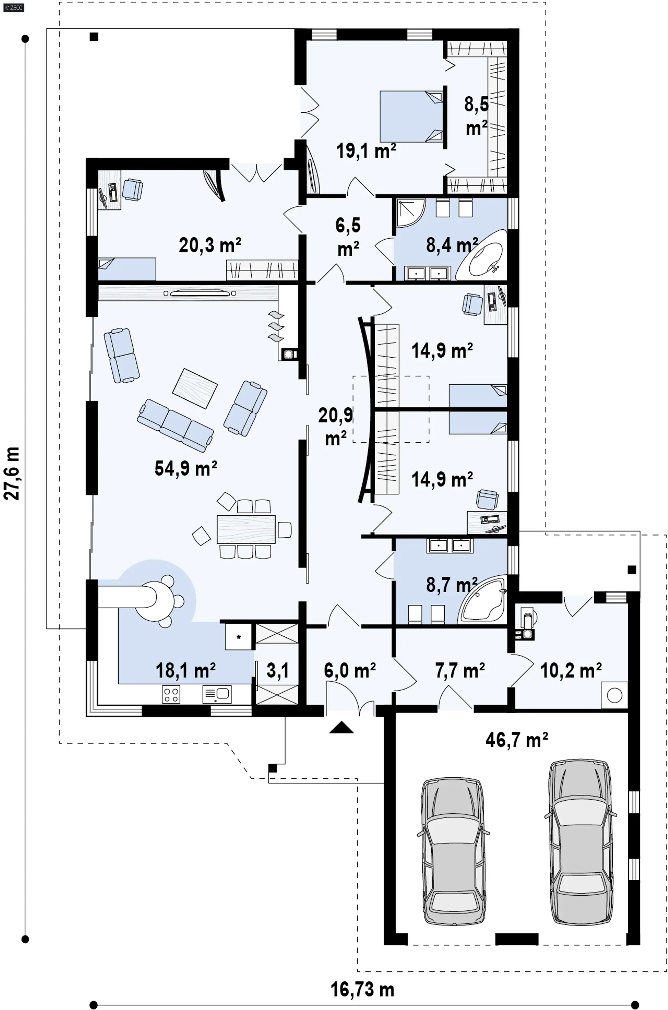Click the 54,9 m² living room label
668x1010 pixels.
[186, 468]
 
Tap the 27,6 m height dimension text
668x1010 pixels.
[11, 473]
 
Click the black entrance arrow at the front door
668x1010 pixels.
[341, 727]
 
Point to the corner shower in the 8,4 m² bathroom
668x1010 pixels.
[411, 212]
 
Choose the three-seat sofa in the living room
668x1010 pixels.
[175, 425]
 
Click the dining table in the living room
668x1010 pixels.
[246, 529]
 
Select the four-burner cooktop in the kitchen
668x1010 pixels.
[171, 694]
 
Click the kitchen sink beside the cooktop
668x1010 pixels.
[217, 694]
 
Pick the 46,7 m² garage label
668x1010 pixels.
[516, 740]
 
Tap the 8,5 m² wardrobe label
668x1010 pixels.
[476, 116]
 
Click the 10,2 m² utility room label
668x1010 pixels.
[571, 670]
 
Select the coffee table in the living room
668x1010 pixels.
[195, 388]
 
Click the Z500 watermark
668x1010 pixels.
[14, 8]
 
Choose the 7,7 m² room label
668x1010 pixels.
[460, 670]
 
